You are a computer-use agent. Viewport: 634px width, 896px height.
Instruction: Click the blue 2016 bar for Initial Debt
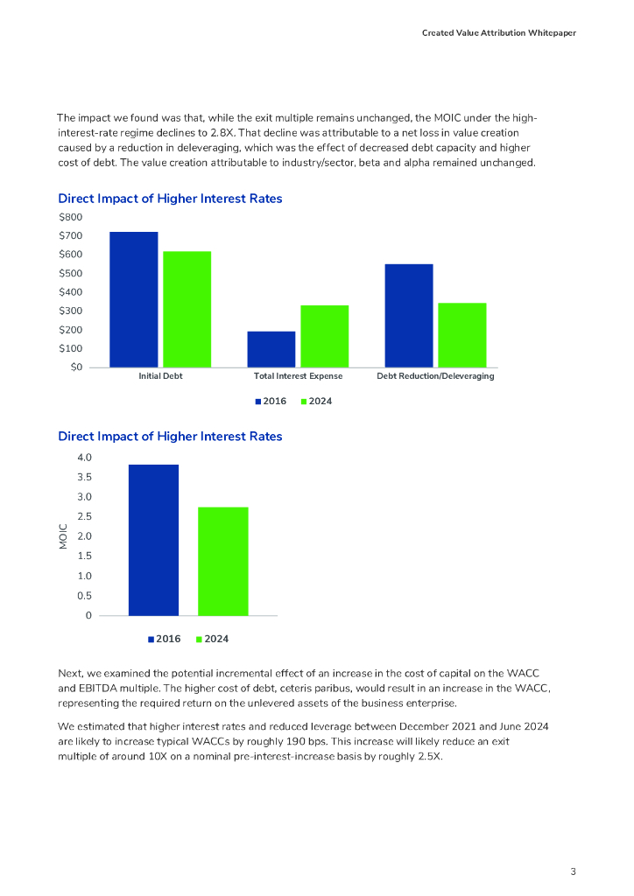133,299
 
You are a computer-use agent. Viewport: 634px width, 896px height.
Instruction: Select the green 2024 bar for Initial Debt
187,309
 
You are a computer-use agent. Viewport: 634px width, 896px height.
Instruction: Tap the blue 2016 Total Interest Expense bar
271,349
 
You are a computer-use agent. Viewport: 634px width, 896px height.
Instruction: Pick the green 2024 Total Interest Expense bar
325,336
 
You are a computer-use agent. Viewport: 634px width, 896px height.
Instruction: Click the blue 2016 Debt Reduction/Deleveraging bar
408,315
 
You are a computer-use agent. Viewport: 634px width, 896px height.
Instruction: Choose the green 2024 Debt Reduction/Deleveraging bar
462,334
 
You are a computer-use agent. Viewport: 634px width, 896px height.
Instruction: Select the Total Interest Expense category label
298,376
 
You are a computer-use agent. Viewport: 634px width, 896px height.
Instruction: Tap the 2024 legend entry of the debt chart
317,401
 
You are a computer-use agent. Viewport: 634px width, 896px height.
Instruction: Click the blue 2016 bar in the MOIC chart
153,540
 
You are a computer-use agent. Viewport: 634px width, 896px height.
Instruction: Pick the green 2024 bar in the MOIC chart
222,561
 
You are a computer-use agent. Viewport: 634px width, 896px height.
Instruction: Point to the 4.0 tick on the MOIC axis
83,458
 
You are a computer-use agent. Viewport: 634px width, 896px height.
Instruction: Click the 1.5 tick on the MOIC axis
83,556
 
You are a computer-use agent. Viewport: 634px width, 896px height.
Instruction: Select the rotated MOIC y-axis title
62,536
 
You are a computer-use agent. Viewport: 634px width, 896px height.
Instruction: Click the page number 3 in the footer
573,871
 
